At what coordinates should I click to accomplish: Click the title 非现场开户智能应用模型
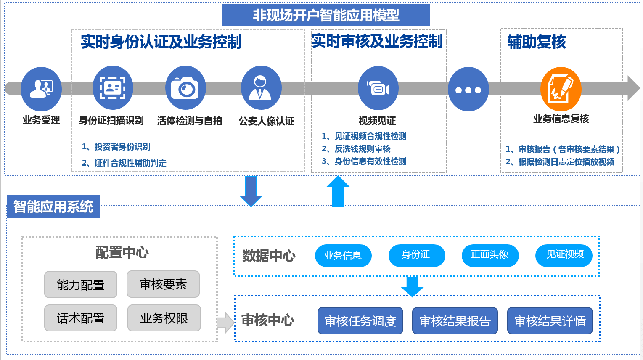326,15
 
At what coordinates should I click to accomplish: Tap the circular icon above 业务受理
41,89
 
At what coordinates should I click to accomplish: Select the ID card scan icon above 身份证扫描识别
113,87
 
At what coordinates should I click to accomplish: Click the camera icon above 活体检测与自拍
185,87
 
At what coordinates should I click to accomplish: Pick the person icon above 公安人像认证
261,87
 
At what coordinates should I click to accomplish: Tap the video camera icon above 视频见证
378,88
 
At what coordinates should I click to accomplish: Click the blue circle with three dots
468,90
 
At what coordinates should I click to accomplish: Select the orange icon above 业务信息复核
561,89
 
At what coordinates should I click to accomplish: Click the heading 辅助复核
537,42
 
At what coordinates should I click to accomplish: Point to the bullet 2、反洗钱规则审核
356,149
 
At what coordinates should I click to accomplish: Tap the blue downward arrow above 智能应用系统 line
251,191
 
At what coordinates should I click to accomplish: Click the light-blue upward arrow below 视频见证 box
338,191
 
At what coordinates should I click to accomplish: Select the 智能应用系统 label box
53,206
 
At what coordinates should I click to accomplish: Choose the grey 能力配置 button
81,285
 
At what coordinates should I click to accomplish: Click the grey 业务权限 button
164,318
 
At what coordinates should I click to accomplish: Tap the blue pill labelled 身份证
416,255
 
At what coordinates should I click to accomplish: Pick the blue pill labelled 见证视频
564,255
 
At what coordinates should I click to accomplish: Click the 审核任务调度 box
360,321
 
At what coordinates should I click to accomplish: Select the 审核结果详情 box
550,321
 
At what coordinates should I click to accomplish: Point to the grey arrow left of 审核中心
225,323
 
